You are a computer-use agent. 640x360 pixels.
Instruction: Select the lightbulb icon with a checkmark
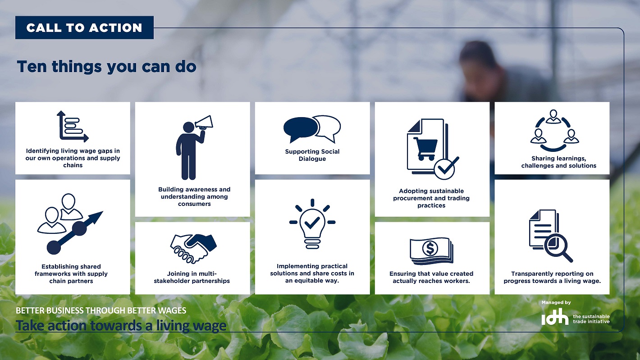point(312,224)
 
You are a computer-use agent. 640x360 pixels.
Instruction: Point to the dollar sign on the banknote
point(430,248)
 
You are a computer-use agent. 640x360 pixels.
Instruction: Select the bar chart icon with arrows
point(73,126)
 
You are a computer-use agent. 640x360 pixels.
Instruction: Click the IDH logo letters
point(555,317)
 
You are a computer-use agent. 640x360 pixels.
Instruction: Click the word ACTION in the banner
point(115,28)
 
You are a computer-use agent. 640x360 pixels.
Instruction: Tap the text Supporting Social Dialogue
point(312,155)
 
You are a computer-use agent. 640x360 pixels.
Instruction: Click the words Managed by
point(556,303)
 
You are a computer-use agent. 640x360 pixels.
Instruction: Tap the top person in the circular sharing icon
point(553,116)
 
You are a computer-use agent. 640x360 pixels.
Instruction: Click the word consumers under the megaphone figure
point(194,204)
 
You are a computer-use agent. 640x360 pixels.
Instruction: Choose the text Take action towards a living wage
point(121,325)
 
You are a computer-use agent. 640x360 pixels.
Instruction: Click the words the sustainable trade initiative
point(591,319)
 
